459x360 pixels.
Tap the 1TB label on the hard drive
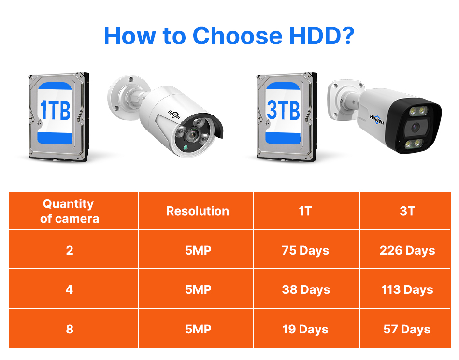(x=55, y=111)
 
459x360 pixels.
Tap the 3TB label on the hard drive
(x=283, y=111)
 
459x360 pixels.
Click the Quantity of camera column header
(x=70, y=211)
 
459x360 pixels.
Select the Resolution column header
(x=198, y=211)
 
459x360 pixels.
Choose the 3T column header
(x=407, y=211)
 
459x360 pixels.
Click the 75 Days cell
(x=305, y=251)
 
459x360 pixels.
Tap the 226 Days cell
(x=407, y=251)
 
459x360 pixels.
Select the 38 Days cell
(x=306, y=290)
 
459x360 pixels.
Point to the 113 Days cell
(x=407, y=290)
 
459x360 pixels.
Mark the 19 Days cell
(x=305, y=330)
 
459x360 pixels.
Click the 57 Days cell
(x=407, y=330)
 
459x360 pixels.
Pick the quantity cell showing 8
(x=70, y=330)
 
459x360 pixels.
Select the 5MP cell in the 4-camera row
(x=198, y=290)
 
